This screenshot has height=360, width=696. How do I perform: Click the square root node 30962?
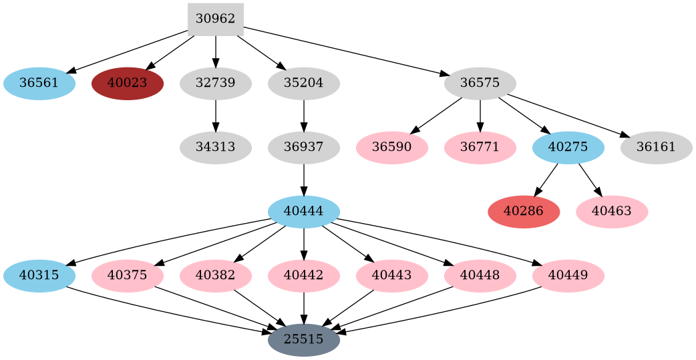click(215, 19)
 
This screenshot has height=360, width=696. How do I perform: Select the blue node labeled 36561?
click(39, 83)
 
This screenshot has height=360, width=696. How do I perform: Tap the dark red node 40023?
click(127, 83)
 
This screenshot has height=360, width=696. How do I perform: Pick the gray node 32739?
click(215, 83)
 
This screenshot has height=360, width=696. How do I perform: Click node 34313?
click(215, 147)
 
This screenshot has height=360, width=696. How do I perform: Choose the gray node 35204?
click(303, 83)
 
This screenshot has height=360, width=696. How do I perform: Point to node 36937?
click(303, 147)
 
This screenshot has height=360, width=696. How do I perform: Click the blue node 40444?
click(303, 211)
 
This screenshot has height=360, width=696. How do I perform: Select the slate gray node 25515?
click(303, 339)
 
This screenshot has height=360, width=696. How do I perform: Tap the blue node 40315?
click(39, 275)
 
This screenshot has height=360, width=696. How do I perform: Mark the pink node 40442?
click(303, 275)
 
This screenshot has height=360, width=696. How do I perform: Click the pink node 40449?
click(568, 275)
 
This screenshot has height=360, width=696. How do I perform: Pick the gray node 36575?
click(480, 83)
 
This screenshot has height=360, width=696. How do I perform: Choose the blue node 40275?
click(568, 147)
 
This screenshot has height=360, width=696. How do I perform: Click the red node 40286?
click(524, 211)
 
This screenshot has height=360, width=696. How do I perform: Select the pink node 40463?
click(612, 211)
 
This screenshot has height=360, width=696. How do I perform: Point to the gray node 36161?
click(656, 147)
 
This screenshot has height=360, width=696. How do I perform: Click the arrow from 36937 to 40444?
click(303, 179)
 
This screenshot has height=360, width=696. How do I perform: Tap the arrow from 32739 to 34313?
click(215, 115)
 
